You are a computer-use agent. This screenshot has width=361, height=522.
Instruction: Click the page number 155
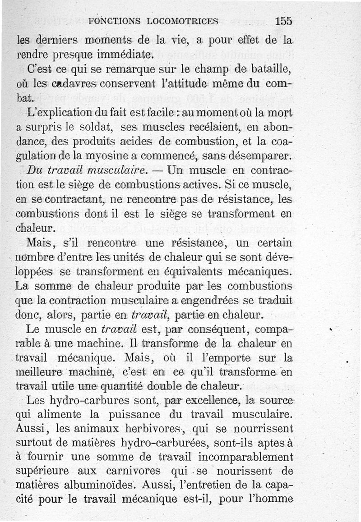(x=283, y=21)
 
